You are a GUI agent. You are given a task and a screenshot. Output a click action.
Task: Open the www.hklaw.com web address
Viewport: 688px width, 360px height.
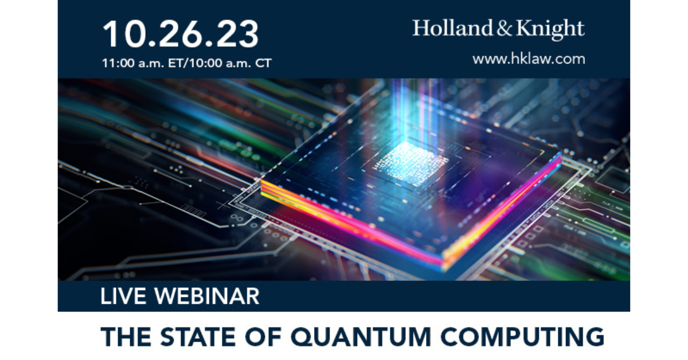click(529, 58)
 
